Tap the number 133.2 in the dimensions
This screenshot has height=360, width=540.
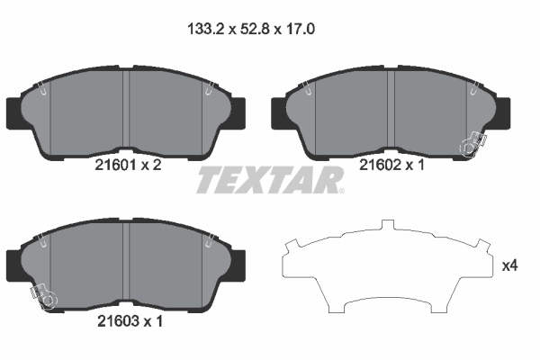pyautogui.click(x=207, y=29)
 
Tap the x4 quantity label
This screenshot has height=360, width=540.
pyautogui.click(x=509, y=265)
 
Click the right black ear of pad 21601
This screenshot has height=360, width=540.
pyautogui.click(x=239, y=111)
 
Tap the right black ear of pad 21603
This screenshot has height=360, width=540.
pyautogui.click(x=239, y=264)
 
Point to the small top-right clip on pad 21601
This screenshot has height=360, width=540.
pyautogui.click(x=209, y=88)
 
